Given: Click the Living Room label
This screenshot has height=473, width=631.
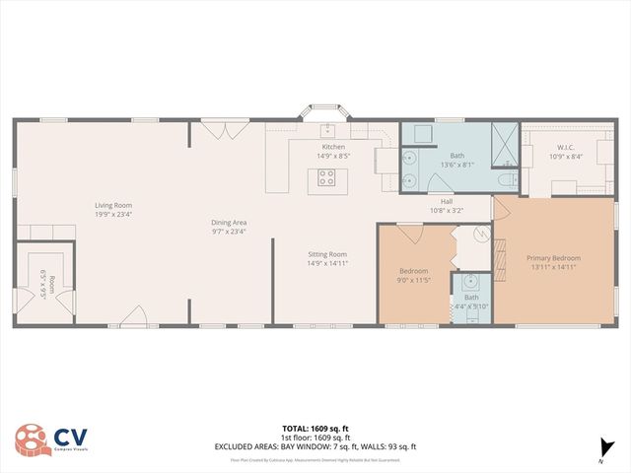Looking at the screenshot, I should pyautogui.click(x=113, y=205).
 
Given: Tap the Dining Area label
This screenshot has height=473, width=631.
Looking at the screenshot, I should pyautogui.click(x=228, y=222).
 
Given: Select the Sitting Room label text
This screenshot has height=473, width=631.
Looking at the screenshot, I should pyautogui.click(x=327, y=254).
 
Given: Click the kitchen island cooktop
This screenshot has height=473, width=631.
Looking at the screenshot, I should pyautogui.click(x=326, y=179).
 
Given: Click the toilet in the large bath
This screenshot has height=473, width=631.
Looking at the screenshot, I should pyautogui.click(x=504, y=180).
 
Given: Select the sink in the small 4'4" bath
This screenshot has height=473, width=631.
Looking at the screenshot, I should pyautogui.click(x=470, y=281).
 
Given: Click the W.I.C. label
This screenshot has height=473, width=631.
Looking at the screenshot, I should pyautogui.click(x=564, y=148).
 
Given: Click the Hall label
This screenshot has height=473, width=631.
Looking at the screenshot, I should pyautogui.click(x=446, y=201).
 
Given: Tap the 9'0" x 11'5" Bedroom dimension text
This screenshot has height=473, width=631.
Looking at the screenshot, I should pyautogui.click(x=414, y=280).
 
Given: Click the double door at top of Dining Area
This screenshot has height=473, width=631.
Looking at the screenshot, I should pyautogui.click(x=218, y=127).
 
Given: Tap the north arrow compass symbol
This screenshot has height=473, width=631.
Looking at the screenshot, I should pyautogui.click(x=602, y=448).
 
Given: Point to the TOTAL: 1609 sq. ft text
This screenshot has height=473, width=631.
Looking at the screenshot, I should pyautogui.click(x=315, y=428).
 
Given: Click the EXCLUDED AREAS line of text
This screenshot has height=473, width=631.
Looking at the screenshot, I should pyautogui.click(x=315, y=446).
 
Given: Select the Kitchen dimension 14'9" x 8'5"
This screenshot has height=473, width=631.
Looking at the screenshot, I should pyautogui.click(x=332, y=156).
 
